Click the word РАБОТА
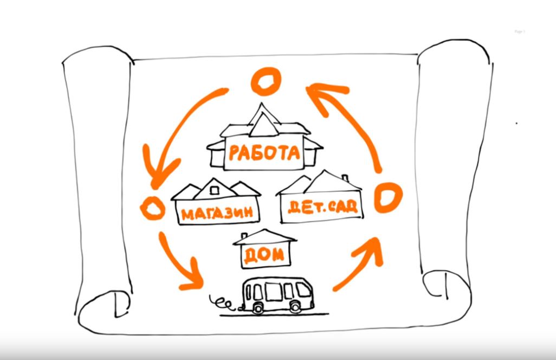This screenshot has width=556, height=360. point(264,152)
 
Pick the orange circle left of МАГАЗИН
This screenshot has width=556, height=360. point(152,208)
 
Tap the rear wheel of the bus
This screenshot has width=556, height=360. point(257,307)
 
